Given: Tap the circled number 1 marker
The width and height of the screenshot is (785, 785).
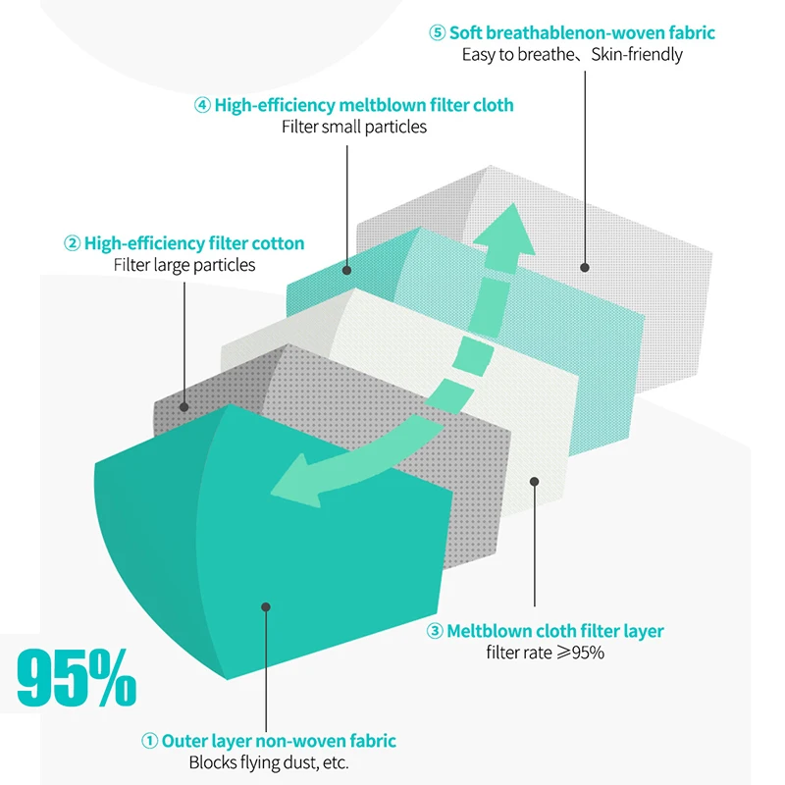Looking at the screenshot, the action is click(149, 742).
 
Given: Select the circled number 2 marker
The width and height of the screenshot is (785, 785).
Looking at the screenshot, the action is click(72, 243).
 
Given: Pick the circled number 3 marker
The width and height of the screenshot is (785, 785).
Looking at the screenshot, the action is click(435, 631).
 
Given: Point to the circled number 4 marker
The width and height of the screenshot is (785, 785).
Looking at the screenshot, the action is click(202, 105).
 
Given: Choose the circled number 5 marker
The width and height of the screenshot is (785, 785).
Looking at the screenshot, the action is click(438, 32).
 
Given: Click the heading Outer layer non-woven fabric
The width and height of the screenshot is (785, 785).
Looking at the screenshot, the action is click(279, 742).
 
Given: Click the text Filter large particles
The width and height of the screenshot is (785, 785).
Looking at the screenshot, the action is click(184, 265).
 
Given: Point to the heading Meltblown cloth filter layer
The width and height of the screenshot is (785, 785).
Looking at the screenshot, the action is click(555, 631).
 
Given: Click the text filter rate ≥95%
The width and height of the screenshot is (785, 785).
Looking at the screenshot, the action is click(546, 652).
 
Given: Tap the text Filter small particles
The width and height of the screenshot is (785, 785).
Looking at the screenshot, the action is click(354, 127).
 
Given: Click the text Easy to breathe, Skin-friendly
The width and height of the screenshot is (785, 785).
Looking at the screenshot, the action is click(572, 54).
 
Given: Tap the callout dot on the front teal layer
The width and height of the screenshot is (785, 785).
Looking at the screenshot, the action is click(264, 607).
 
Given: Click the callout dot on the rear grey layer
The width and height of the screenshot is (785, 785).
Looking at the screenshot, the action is click(585, 266).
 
